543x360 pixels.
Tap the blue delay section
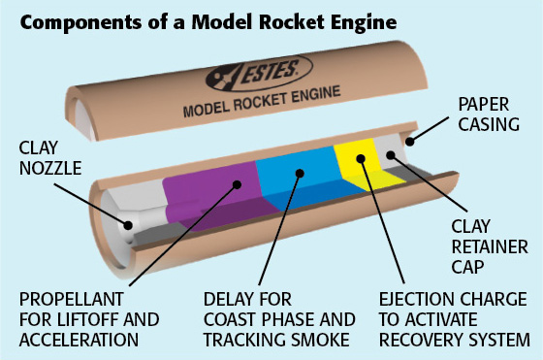(x=291, y=189)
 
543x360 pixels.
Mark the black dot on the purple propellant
(x=234, y=186)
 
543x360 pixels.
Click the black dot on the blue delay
(x=300, y=175)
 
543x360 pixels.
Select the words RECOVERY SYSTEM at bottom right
(x=454, y=340)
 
